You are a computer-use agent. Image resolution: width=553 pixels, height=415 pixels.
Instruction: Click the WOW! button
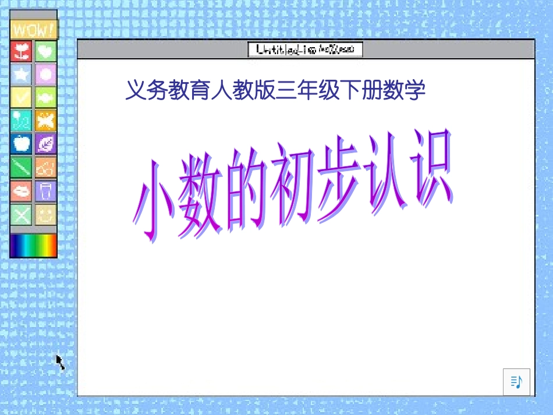click(33, 30)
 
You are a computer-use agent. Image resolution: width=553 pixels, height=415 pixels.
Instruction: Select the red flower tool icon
click(22, 51)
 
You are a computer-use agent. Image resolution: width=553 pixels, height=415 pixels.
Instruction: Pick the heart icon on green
click(45, 51)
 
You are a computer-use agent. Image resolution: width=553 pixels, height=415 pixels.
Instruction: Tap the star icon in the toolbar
click(22, 75)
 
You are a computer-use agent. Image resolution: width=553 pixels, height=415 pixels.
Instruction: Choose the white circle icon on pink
click(45, 75)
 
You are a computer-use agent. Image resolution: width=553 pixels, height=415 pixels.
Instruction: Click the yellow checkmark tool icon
click(22, 97)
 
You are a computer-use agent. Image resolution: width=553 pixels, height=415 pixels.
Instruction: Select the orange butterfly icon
click(45, 120)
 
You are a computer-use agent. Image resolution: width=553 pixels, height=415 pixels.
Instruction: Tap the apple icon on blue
click(22, 143)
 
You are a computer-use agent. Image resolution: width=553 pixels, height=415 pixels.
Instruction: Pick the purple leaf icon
click(45, 143)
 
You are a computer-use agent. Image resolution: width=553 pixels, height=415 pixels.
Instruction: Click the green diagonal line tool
click(22, 168)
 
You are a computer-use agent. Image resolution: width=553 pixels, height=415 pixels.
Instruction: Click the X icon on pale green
click(22, 215)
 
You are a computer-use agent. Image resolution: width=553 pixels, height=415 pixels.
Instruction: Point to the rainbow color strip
click(33, 246)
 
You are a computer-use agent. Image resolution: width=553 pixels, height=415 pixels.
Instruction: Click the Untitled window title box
click(305, 50)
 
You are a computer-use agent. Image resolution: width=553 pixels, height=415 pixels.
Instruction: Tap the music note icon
click(516, 382)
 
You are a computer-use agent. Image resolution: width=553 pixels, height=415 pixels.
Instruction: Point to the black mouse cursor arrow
click(60, 362)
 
